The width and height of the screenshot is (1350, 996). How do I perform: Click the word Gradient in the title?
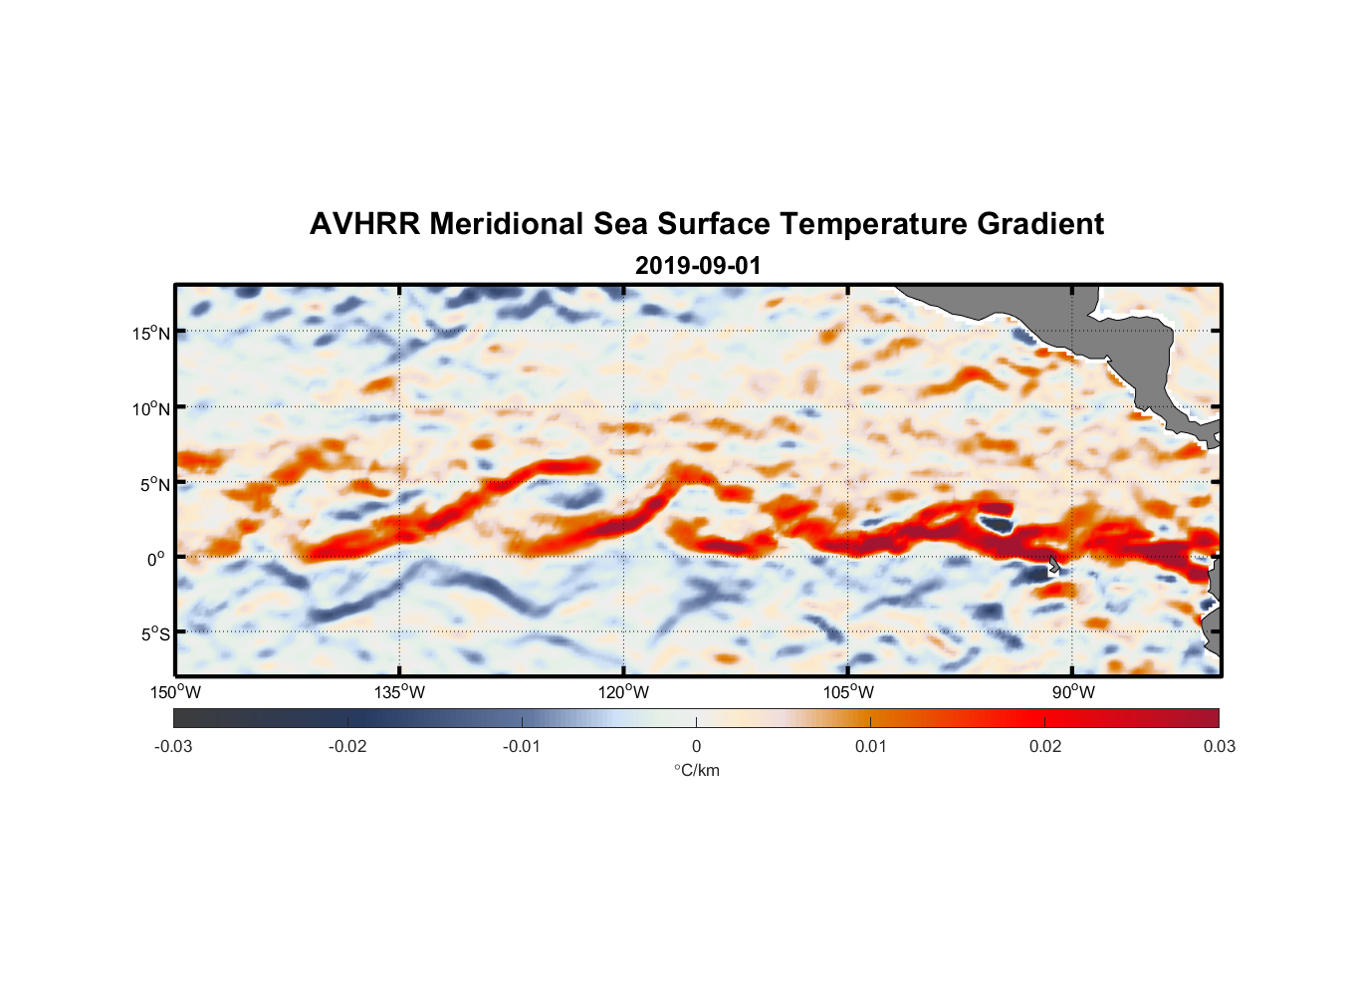[1039, 224]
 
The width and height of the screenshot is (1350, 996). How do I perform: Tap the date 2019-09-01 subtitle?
[698, 266]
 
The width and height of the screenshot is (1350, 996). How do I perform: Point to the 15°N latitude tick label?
[151, 333]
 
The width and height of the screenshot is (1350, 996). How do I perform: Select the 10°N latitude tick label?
[151, 408]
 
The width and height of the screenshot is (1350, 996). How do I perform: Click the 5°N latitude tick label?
[154, 484]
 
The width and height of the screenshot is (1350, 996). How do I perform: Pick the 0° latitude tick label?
[156, 559]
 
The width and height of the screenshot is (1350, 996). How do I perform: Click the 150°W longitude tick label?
[175, 692]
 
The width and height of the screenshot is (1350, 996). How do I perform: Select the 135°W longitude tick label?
[399, 692]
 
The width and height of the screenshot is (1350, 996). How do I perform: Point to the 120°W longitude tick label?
[623, 692]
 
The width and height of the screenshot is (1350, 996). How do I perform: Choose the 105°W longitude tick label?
[848, 692]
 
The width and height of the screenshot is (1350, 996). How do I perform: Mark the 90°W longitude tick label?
[1073, 692]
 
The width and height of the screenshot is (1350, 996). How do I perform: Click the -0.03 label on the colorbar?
[173, 746]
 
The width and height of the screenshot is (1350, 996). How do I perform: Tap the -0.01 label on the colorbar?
[522, 746]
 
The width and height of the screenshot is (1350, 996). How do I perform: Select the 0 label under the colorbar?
[696, 746]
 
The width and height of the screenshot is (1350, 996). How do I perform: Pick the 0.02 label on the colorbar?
[1045, 746]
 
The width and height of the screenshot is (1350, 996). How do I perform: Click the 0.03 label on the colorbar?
[1219, 746]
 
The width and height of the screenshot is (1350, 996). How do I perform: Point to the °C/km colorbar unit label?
[697, 770]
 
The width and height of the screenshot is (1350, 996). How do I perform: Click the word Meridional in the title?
[507, 224]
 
